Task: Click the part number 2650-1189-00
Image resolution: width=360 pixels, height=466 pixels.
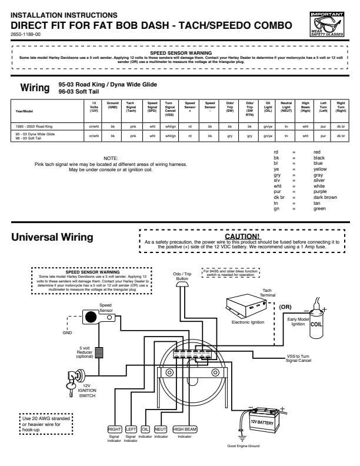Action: click(26, 35)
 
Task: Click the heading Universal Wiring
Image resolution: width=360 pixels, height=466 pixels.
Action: click(52, 237)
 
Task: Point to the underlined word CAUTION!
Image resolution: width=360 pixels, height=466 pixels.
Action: click(242, 236)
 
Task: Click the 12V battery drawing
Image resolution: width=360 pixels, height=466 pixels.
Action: click(262, 421)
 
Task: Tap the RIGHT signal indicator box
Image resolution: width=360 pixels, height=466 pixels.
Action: click(114, 429)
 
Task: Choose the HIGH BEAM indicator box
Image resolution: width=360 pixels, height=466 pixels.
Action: click(185, 429)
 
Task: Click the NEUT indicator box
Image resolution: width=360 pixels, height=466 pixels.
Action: click(161, 429)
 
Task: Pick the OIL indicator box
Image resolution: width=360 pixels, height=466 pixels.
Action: click(145, 429)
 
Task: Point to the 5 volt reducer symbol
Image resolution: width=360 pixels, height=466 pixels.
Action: click(99, 352)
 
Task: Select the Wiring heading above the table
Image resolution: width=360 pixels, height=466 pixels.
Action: click(35, 88)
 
